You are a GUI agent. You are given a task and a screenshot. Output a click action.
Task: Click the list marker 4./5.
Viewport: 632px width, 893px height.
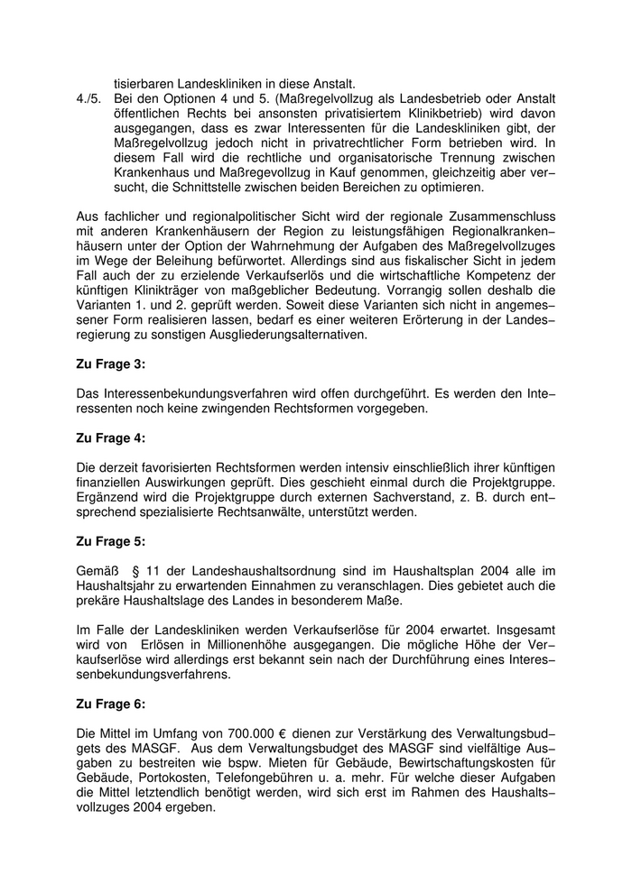(x=91, y=98)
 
